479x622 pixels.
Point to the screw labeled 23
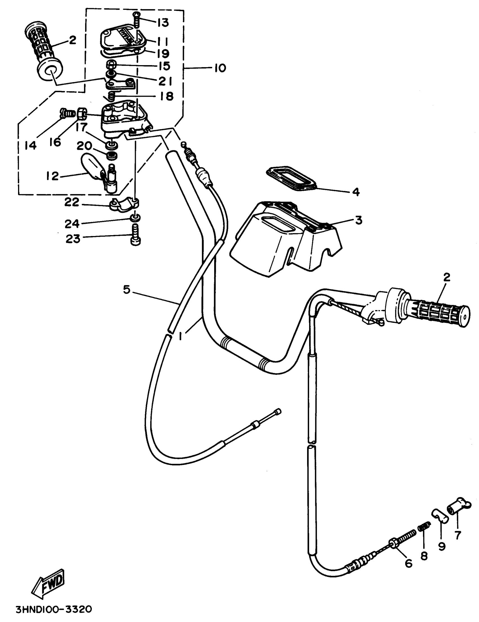tap(136, 234)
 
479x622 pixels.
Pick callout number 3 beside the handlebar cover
tap(358, 220)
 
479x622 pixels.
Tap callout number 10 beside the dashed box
tap(220, 68)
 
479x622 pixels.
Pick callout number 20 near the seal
tap(84, 146)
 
